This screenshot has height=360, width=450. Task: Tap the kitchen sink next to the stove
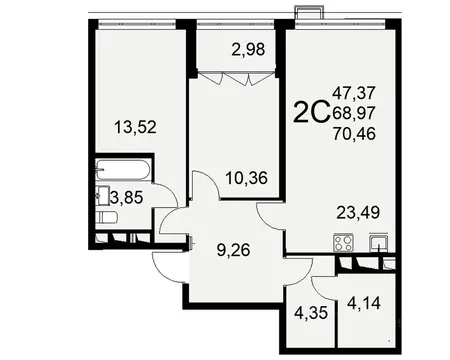point(378,241)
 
